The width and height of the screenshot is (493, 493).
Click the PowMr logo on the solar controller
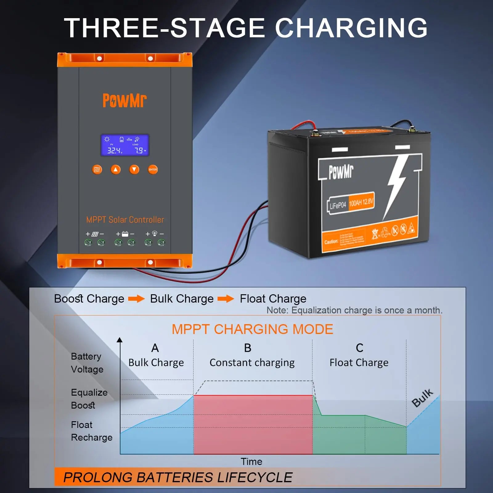(x=124, y=100)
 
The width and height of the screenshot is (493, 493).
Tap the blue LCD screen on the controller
(x=125, y=145)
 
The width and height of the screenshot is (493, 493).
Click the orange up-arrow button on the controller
(x=116, y=169)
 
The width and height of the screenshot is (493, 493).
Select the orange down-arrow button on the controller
(x=134, y=169)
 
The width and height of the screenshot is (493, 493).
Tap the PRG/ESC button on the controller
(x=97, y=169)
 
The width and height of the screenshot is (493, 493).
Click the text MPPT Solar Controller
(x=125, y=220)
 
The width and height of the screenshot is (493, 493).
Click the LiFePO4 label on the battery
(x=338, y=205)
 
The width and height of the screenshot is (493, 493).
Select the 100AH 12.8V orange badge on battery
(x=361, y=202)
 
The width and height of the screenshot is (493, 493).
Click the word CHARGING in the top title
(x=351, y=28)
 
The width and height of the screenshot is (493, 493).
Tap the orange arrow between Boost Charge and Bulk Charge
(x=136, y=299)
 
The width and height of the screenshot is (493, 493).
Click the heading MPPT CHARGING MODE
(x=252, y=329)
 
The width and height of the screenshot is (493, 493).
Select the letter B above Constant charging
(x=248, y=348)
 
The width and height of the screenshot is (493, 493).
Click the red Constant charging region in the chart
(x=253, y=424)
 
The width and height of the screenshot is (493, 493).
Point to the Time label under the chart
(x=251, y=462)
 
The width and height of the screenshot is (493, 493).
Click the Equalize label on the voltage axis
(x=89, y=392)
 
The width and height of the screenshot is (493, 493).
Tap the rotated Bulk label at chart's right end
(x=422, y=398)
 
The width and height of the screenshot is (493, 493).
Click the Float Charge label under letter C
(x=359, y=363)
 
